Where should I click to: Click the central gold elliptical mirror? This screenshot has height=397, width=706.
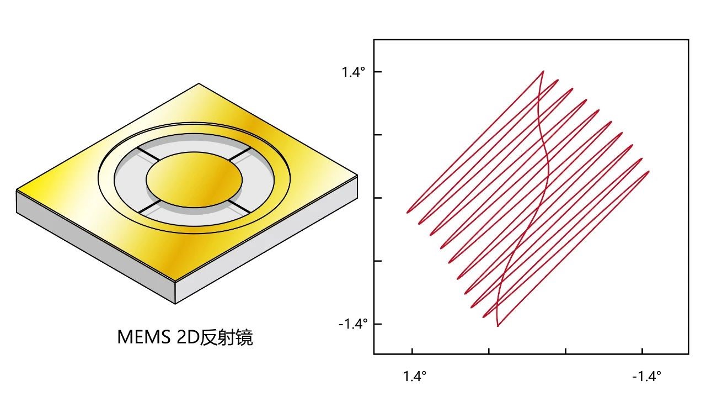click(x=194, y=179)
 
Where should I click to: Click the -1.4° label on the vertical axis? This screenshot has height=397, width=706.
click(x=353, y=324)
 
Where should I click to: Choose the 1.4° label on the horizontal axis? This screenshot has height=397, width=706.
click(x=415, y=376)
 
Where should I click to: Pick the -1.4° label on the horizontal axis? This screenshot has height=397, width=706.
click(x=647, y=376)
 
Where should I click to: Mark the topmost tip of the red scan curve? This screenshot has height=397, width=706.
click(x=543, y=71)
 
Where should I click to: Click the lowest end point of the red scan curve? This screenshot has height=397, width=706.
click(x=498, y=326)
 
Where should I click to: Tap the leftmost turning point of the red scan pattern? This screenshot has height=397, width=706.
click(x=407, y=213)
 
